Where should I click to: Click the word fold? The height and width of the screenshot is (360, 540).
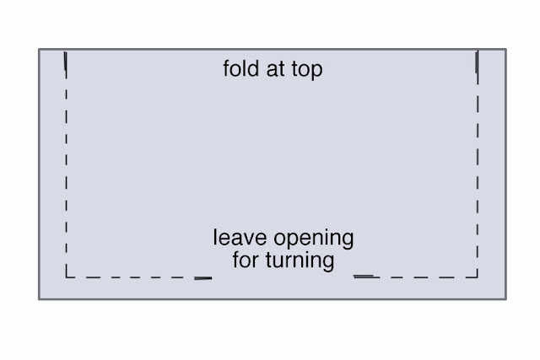(x=240, y=68)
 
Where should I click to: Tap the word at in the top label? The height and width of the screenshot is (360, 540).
(x=275, y=69)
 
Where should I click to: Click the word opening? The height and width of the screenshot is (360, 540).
(x=314, y=239)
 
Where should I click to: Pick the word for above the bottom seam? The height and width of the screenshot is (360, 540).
(x=246, y=260)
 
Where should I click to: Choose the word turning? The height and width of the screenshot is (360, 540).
(x=300, y=261)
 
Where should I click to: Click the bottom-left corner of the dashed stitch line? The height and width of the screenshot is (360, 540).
(x=66, y=277)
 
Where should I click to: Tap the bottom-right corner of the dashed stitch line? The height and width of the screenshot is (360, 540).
(x=478, y=277)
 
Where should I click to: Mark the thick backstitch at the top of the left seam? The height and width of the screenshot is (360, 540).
(x=66, y=61)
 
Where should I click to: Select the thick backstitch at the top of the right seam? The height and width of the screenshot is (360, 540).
(x=477, y=62)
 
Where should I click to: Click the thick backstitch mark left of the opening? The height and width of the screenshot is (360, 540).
(x=202, y=278)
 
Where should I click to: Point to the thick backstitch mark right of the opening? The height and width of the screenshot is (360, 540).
(x=364, y=276)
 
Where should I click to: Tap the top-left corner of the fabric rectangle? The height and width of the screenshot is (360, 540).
(x=39, y=49)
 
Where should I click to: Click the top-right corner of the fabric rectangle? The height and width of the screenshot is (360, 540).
(x=506, y=49)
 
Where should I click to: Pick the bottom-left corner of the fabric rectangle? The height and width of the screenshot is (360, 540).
(x=39, y=299)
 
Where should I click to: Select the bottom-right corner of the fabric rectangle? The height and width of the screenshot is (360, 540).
(x=506, y=299)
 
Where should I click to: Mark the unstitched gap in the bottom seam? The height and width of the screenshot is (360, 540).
(x=283, y=277)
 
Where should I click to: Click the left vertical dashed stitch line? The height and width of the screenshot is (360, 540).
(x=66, y=164)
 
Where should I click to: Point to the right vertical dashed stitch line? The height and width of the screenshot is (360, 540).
(x=478, y=164)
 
